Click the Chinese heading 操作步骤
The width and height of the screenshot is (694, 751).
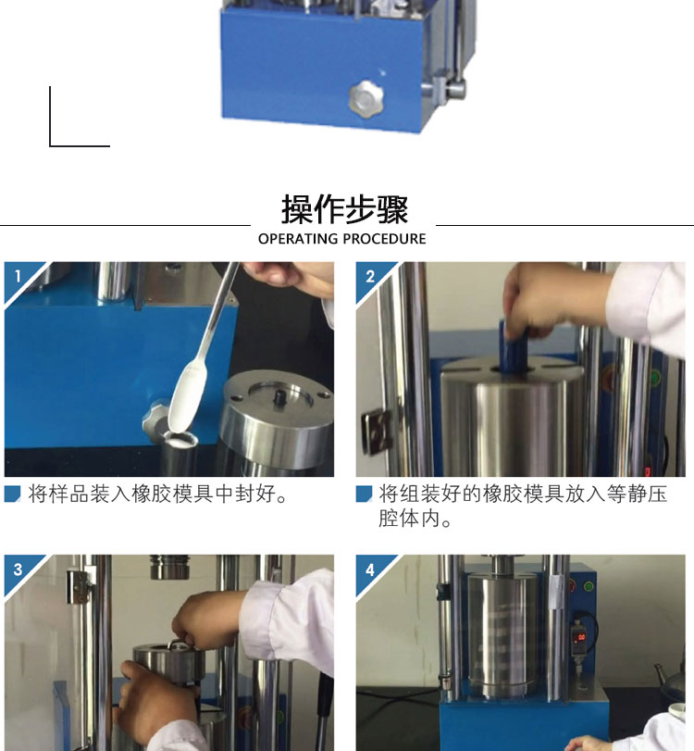[344, 209]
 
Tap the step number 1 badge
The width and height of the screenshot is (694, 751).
[18, 276]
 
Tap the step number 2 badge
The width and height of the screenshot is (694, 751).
[370, 276]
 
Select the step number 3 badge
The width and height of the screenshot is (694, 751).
[19, 570]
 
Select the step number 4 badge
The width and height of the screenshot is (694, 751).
[370, 570]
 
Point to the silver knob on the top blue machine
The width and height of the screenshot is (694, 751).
[366, 98]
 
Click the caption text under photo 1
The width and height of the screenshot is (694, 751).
[158, 494]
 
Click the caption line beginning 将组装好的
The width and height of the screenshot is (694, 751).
[523, 494]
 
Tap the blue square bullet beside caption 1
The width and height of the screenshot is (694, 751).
[12, 494]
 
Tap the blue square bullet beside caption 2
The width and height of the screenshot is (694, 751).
[364, 494]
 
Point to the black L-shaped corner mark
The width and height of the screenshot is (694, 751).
[50, 144]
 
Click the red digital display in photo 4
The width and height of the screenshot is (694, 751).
[581, 637]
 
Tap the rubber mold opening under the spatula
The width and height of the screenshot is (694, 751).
[180, 438]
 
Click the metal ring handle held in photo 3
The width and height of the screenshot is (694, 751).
[178, 645]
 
